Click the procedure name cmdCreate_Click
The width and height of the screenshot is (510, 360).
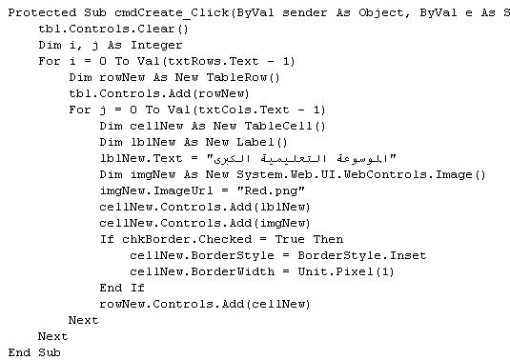coord(172,13)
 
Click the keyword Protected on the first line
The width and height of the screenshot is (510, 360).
coord(42,13)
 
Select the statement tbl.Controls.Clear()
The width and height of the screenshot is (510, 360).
coord(113,29)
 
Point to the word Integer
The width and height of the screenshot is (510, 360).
coord(156,45)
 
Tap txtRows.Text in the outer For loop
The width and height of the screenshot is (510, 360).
coord(213,61)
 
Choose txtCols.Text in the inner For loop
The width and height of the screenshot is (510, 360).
coord(243,110)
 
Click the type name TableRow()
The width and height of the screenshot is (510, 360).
coord(243,77)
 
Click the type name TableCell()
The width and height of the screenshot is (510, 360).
coord(285,126)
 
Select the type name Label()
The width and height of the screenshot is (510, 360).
coord(262,142)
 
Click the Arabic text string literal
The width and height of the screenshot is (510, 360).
coord(301,158)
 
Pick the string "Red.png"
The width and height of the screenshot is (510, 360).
coord(271,190)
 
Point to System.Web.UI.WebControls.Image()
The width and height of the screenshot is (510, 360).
coord(360,175)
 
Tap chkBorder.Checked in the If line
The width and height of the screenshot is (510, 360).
coord(187,239)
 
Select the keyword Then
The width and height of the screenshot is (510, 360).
coord(328,239)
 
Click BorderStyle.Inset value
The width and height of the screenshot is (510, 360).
coord(362,255)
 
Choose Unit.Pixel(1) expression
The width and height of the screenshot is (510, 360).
coord(346,272)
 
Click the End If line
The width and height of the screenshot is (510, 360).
coord(122,288)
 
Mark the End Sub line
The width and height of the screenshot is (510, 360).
coord(34,352)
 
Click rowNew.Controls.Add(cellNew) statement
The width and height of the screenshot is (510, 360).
coord(205,304)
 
